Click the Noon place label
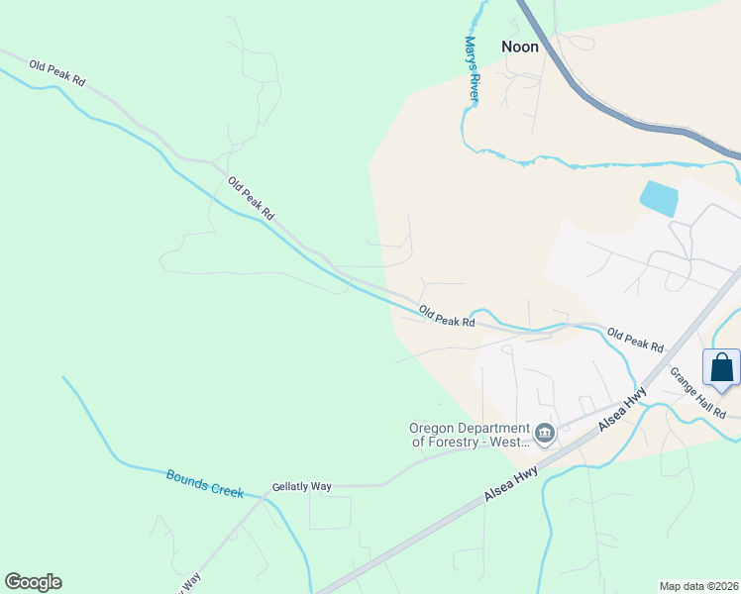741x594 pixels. point(520,47)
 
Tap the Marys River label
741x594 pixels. point(472,68)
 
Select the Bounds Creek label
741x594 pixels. point(204,482)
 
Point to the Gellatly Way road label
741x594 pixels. point(302,487)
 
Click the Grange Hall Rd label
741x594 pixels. point(698,392)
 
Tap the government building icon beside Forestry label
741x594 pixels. point(545,433)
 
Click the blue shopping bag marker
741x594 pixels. point(722,367)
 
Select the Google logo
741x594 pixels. point(33,582)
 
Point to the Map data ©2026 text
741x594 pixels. point(698,586)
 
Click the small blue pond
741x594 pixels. point(660,199)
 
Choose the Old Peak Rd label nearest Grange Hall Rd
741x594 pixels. point(635,340)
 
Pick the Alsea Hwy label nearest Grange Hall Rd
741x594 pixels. point(622,407)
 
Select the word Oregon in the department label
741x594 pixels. point(431,429)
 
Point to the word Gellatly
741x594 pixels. point(291,487)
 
